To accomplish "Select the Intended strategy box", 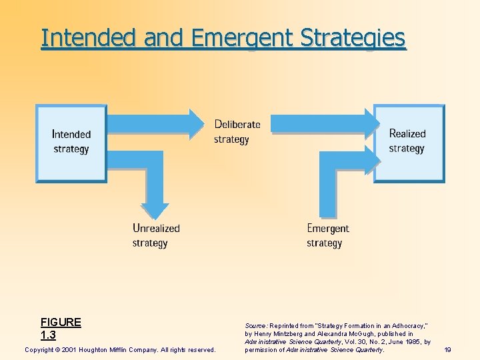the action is (71, 142).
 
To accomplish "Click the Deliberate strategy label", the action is (236, 132).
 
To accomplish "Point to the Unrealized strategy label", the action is (155, 235).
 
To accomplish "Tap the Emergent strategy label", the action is (327, 235).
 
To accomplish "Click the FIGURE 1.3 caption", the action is (60, 329).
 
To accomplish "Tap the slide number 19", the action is (447, 349).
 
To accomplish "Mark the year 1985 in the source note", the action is (411, 341).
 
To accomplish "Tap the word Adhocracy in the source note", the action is (406, 325).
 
